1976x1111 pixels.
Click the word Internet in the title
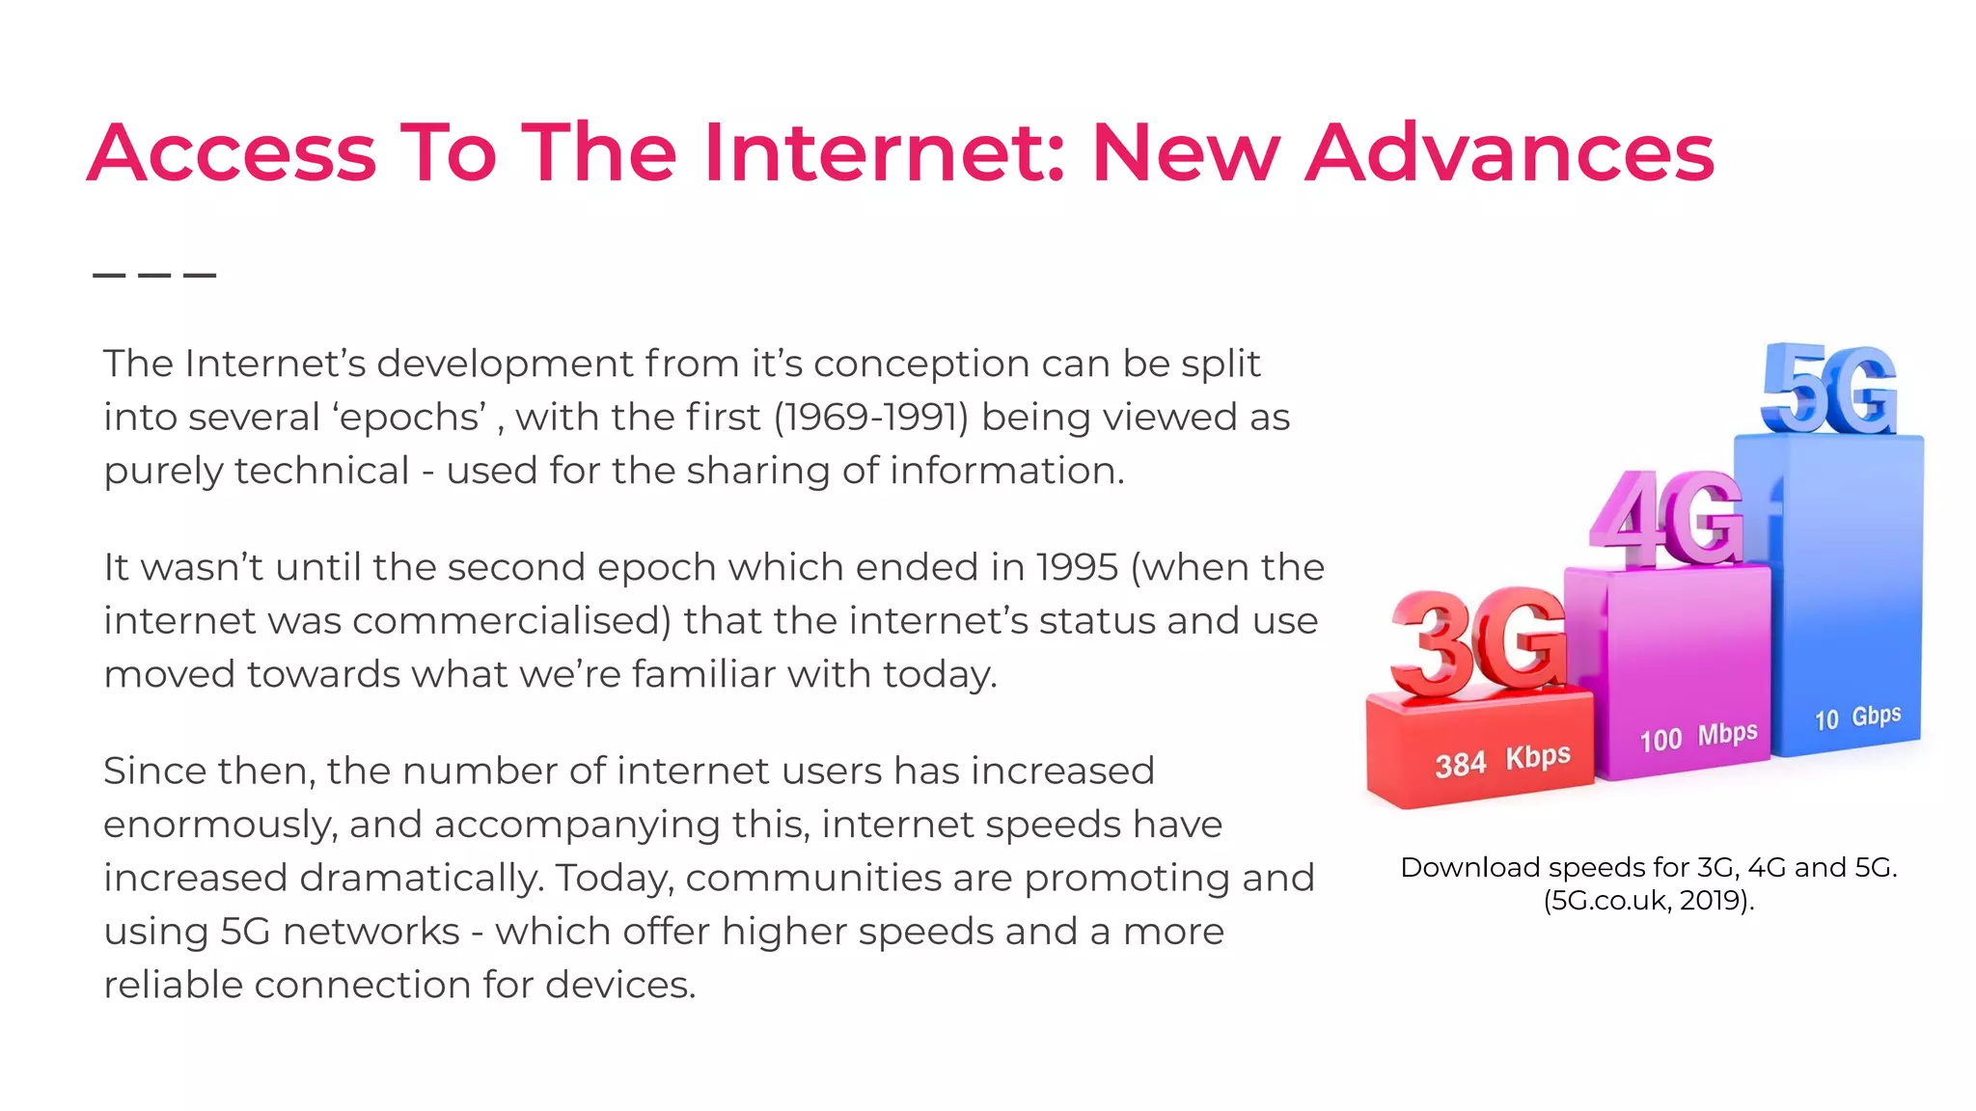[883, 152]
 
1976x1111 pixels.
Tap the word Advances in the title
[1509, 152]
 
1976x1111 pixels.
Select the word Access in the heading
[232, 152]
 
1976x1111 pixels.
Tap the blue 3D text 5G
[1828, 391]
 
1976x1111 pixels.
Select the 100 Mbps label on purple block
[1698, 737]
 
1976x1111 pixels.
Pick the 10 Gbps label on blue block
[1857, 718]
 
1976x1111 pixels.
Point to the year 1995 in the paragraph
[1076, 567]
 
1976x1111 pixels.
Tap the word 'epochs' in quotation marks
[411, 418]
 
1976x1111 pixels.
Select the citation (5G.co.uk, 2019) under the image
[1648, 901]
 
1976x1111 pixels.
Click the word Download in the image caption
[1469, 868]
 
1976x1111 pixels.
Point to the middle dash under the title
[154, 275]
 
